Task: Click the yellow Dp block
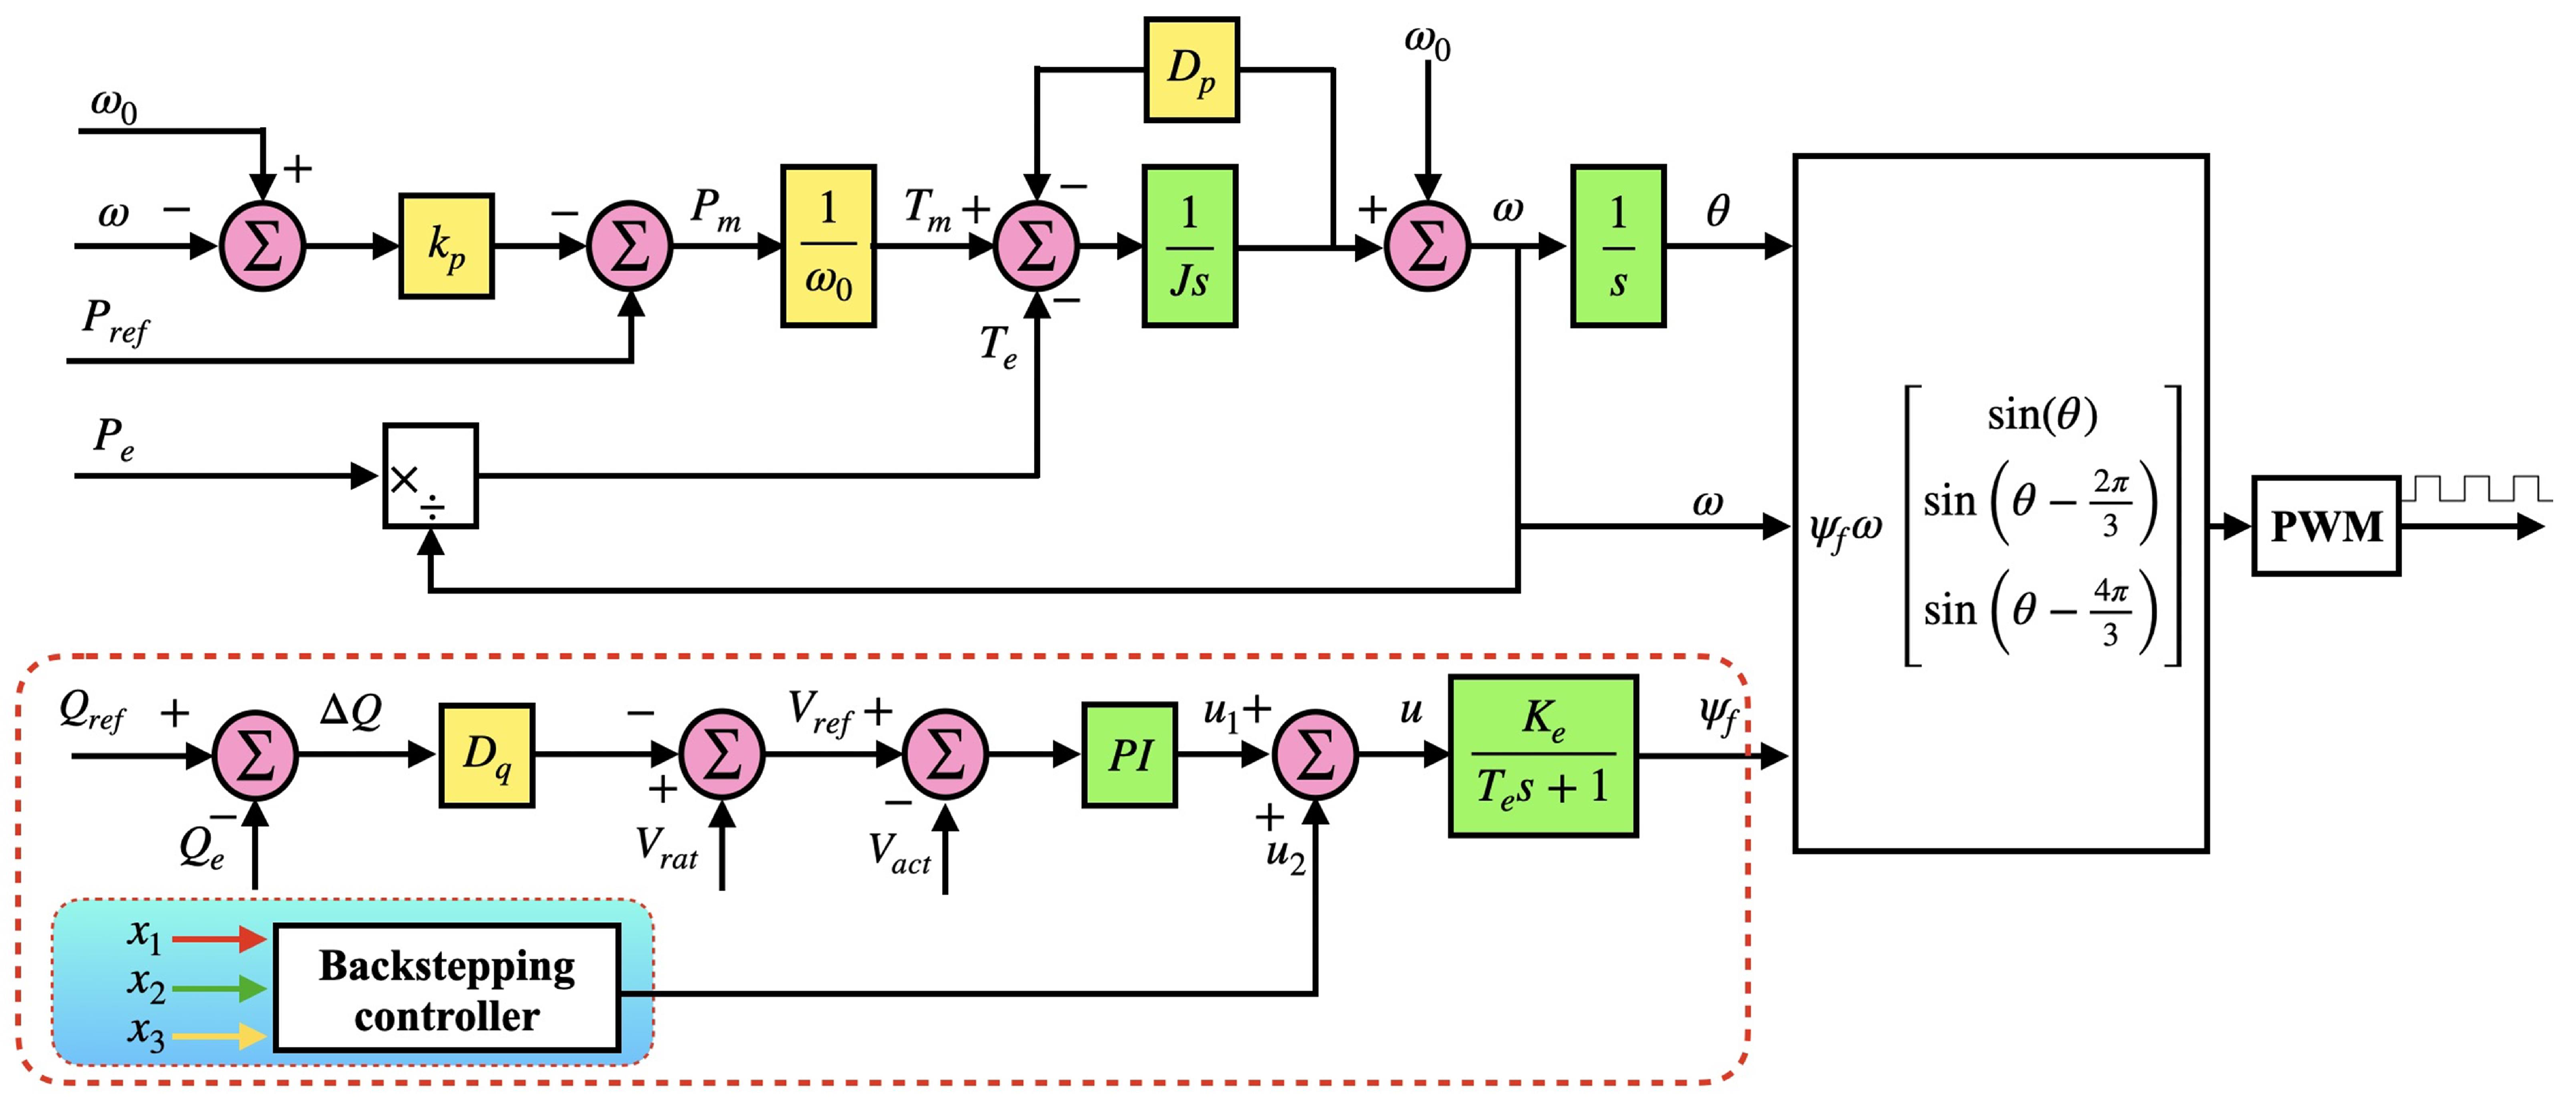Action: tap(1191, 70)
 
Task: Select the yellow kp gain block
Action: tap(446, 246)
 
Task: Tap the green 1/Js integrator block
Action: tap(1189, 246)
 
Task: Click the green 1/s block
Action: tap(1617, 246)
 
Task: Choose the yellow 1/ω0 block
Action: tap(828, 246)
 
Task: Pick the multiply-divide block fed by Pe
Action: tap(430, 476)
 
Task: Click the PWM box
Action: tap(2325, 525)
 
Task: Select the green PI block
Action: tap(1129, 754)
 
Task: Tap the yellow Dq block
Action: tap(487, 754)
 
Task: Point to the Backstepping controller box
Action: tap(447, 988)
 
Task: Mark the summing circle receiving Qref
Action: tap(256, 754)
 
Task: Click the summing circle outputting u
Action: tap(1315, 754)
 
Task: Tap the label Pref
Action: tap(114, 322)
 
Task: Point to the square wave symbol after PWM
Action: tap(2475, 488)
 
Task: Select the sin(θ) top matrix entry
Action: tap(2042, 414)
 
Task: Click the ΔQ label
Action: tap(350, 711)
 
